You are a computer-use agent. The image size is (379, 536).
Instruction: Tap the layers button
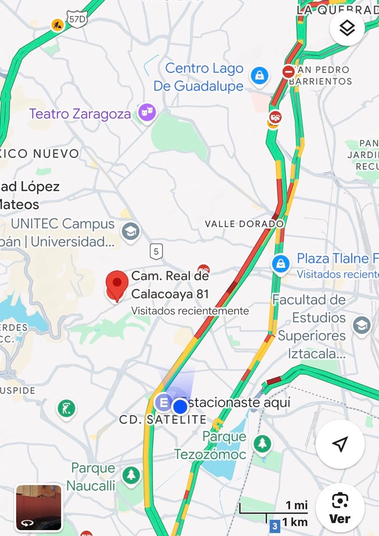347,28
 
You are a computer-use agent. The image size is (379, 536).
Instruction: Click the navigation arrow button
340,444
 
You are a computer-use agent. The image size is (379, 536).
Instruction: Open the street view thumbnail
39,507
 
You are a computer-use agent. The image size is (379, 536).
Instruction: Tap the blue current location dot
181,406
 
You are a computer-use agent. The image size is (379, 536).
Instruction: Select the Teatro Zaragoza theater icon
147,113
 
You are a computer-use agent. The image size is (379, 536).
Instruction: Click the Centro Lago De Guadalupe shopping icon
259,75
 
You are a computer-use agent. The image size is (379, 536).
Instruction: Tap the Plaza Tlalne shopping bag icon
281,264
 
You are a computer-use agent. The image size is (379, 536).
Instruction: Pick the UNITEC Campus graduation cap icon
131,231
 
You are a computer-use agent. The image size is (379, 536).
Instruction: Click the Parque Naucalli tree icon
131,475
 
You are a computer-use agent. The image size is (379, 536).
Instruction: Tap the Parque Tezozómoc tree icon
262,444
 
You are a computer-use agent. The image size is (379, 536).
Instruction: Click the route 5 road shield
156,251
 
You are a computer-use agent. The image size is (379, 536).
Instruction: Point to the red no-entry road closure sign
288,71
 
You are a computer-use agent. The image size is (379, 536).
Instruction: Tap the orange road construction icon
57,25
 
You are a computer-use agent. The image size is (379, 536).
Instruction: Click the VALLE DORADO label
244,224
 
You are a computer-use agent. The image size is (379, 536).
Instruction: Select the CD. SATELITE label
163,419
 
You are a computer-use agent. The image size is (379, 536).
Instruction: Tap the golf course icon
66,408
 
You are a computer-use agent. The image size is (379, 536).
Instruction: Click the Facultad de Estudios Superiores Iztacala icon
361,325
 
